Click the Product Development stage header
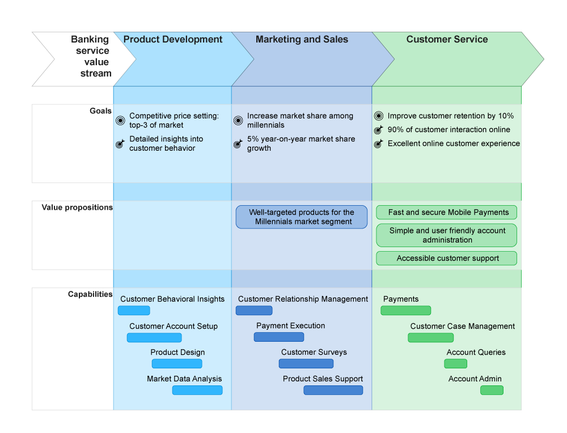[173, 40]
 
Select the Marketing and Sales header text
[302, 40]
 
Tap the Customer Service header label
[447, 40]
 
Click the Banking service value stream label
[91, 56]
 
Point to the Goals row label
[100, 111]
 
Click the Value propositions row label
[77, 207]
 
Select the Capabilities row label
[90, 294]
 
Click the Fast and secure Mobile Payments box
[446, 213]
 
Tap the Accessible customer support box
[446, 258]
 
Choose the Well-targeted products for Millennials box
[301, 217]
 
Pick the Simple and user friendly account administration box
[446, 235]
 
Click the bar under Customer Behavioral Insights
[134, 311]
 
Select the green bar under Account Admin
[492, 390]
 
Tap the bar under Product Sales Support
[333, 390]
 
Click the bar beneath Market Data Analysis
[197, 390]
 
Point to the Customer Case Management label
[463, 326]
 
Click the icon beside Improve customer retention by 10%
[379, 116]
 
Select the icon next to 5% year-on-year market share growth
[238, 144]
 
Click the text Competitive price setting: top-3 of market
[174, 120]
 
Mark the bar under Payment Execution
[278, 337]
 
